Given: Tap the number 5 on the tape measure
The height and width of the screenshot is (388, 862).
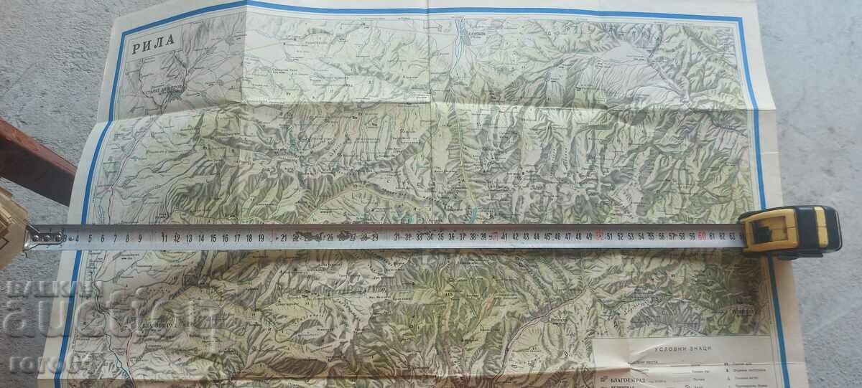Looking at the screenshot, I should tap(90, 238).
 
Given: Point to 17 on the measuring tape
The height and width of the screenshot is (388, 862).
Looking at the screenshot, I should tap(237, 237).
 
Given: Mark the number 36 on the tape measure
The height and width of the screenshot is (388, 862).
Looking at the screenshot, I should tap(453, 236).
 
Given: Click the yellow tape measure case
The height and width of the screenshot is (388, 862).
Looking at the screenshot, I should tap(790, 231).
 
